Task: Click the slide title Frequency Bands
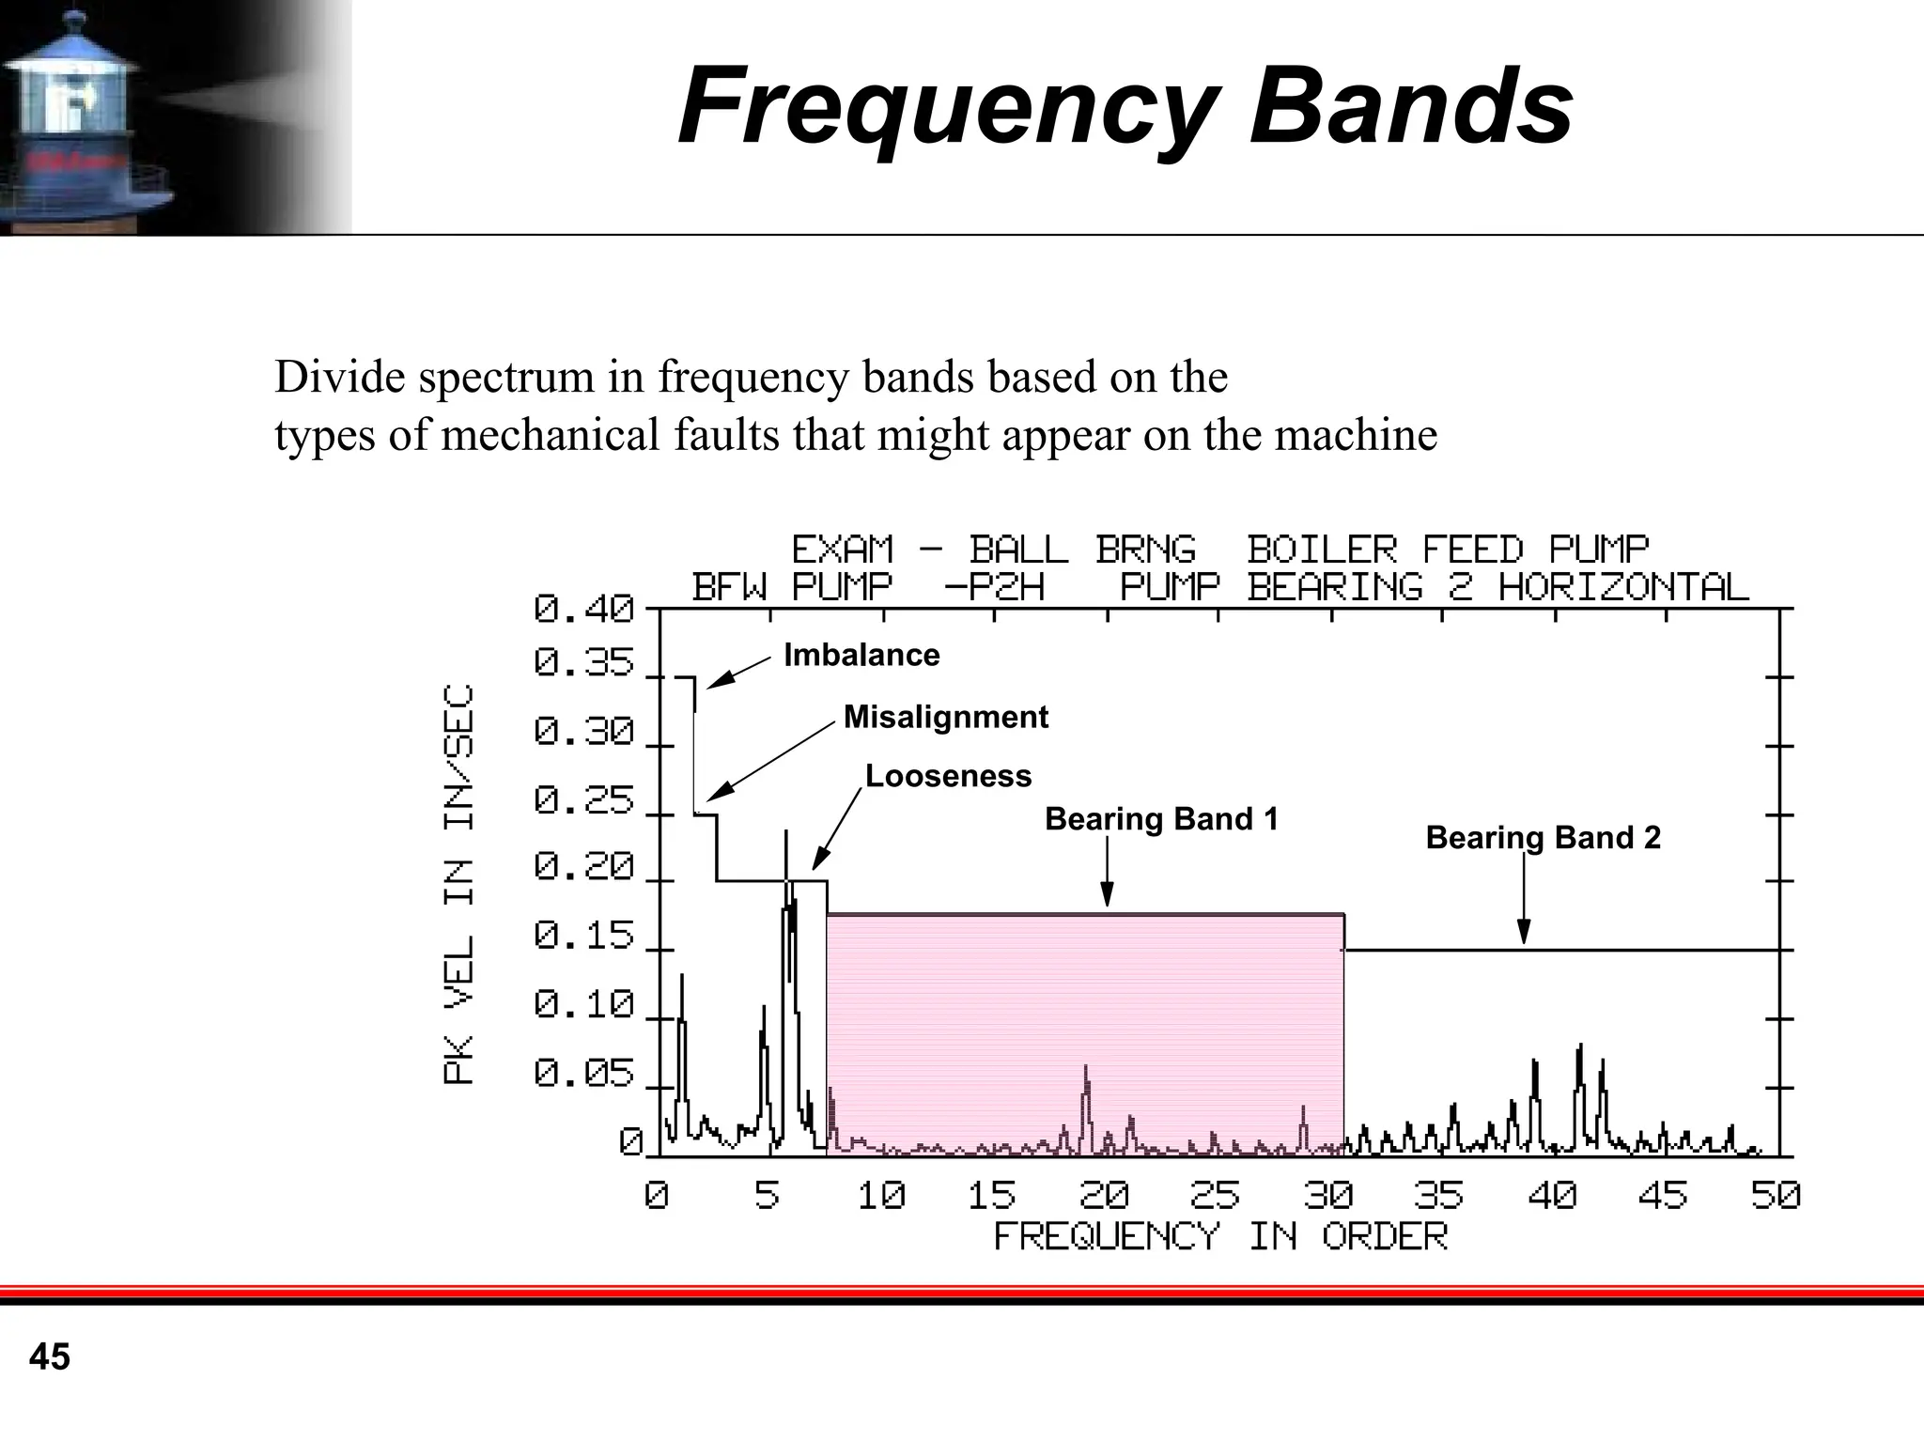tap(1125, 106)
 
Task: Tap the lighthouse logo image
tap(85, 117)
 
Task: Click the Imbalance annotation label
tap(861, 655)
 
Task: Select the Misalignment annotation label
tap(945, 717)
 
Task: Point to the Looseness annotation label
tap(948, 776)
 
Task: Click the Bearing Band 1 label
tap(1161, 819)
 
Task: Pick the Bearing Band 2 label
tap(1543, 837)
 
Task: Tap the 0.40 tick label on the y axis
tap(584, 610)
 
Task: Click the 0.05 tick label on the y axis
tap(584, 1073)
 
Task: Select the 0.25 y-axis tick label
tap(584, 801)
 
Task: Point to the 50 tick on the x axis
tap(1775, 1196)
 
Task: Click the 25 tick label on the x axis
tap(1215, 1196)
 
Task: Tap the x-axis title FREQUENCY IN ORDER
tap(1220, 1237)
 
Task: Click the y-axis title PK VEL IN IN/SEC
tap(459, 884)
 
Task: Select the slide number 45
tap(50, 1357)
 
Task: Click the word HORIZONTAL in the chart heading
tap(1623, 587)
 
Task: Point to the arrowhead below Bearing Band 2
tap(1524, 934)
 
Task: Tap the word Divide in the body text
tap(340, 378)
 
